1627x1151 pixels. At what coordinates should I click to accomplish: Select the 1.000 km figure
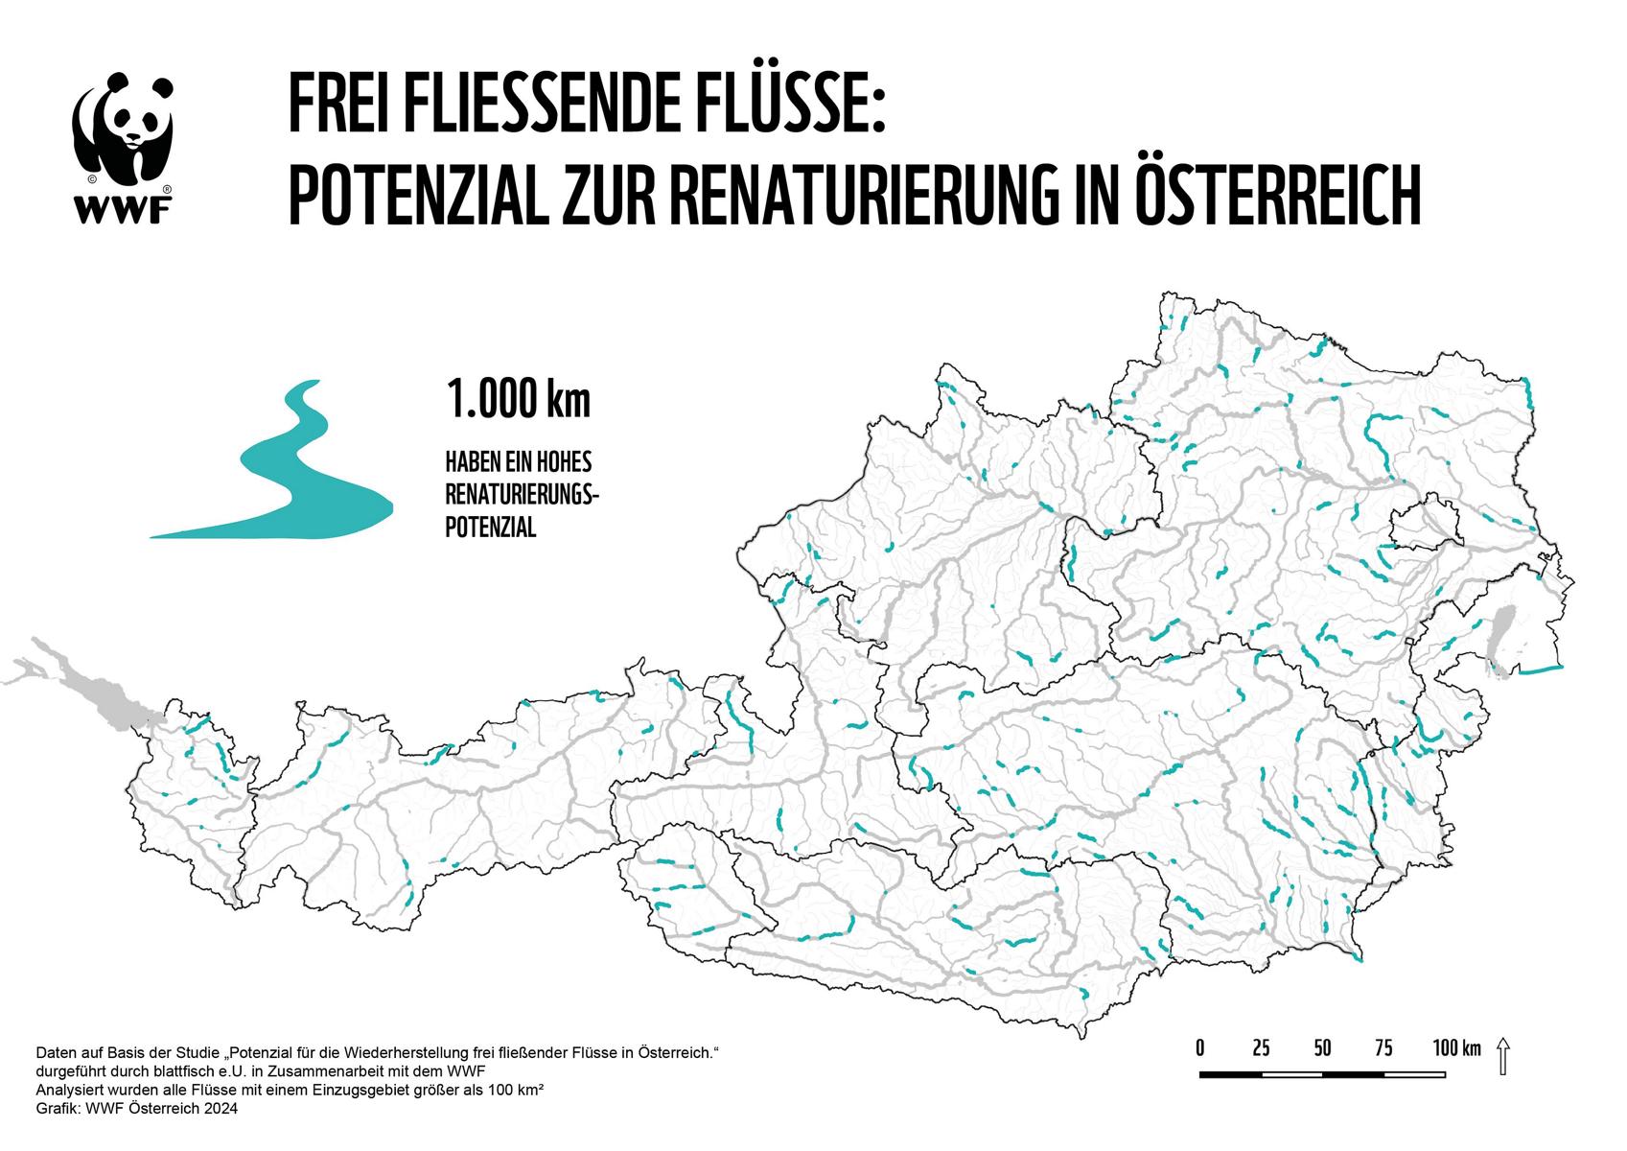point(518,400)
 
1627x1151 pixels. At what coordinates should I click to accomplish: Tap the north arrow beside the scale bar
point(1502,1056)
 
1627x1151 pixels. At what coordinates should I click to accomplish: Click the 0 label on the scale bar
point(1200,1047)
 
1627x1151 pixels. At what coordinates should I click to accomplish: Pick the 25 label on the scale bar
point(1261,1047)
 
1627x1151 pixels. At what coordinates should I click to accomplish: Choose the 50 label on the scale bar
point(1322,1047)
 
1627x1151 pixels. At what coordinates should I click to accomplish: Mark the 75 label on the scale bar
point(1383,1047)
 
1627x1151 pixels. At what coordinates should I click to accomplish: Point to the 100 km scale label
point(1456,1047)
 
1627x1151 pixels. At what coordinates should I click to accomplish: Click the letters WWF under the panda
point(123,205)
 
